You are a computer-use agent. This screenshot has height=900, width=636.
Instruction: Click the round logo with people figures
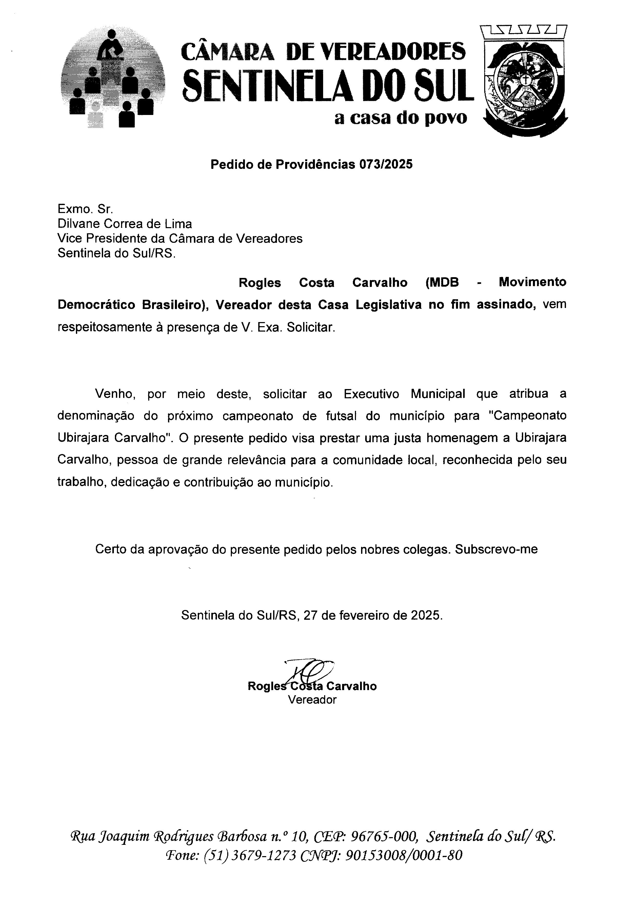113,78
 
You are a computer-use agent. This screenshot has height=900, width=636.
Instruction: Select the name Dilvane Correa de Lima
125,224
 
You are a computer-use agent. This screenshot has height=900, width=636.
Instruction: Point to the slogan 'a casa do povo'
401,118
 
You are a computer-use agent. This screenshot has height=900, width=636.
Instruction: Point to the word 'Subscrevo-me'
496,549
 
